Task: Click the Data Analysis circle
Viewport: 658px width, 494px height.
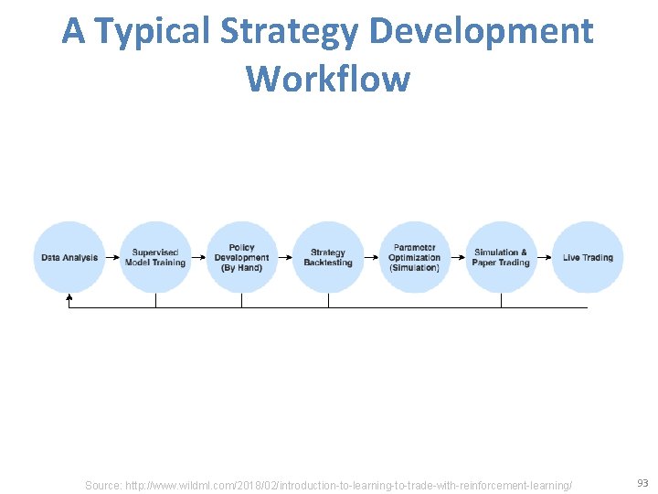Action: (x=69, y=257)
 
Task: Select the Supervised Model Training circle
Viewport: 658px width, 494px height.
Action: (x=155, y=257)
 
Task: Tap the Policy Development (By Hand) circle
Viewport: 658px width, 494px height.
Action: (x=241, y=257)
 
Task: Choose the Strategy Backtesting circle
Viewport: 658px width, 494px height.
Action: (x=328, y=257)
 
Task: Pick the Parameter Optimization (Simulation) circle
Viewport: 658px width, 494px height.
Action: (x=414, y=257)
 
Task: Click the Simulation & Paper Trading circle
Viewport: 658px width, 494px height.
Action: (x=501, y=257)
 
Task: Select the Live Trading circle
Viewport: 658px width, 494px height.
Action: (x=588, y=257)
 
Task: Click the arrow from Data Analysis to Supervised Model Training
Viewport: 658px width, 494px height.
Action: (x=112, y=258)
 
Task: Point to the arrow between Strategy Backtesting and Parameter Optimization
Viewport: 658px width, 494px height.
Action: (x=371, y=258)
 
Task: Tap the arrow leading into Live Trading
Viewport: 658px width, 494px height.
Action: (x=545, y=258)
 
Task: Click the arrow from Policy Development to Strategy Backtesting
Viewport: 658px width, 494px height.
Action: (x=285, y=258)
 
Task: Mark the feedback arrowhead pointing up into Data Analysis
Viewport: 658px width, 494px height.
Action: (x=69, y=297)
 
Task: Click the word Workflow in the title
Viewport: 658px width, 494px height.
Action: (x=328, y=79)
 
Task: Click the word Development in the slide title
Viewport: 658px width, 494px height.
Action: (x=482, y=32)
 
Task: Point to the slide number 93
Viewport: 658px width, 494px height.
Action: (x=642, y=483)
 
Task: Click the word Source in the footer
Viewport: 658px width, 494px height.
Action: (x=103, y=485)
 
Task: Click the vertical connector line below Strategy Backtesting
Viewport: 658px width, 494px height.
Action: (x=328, y=300)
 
